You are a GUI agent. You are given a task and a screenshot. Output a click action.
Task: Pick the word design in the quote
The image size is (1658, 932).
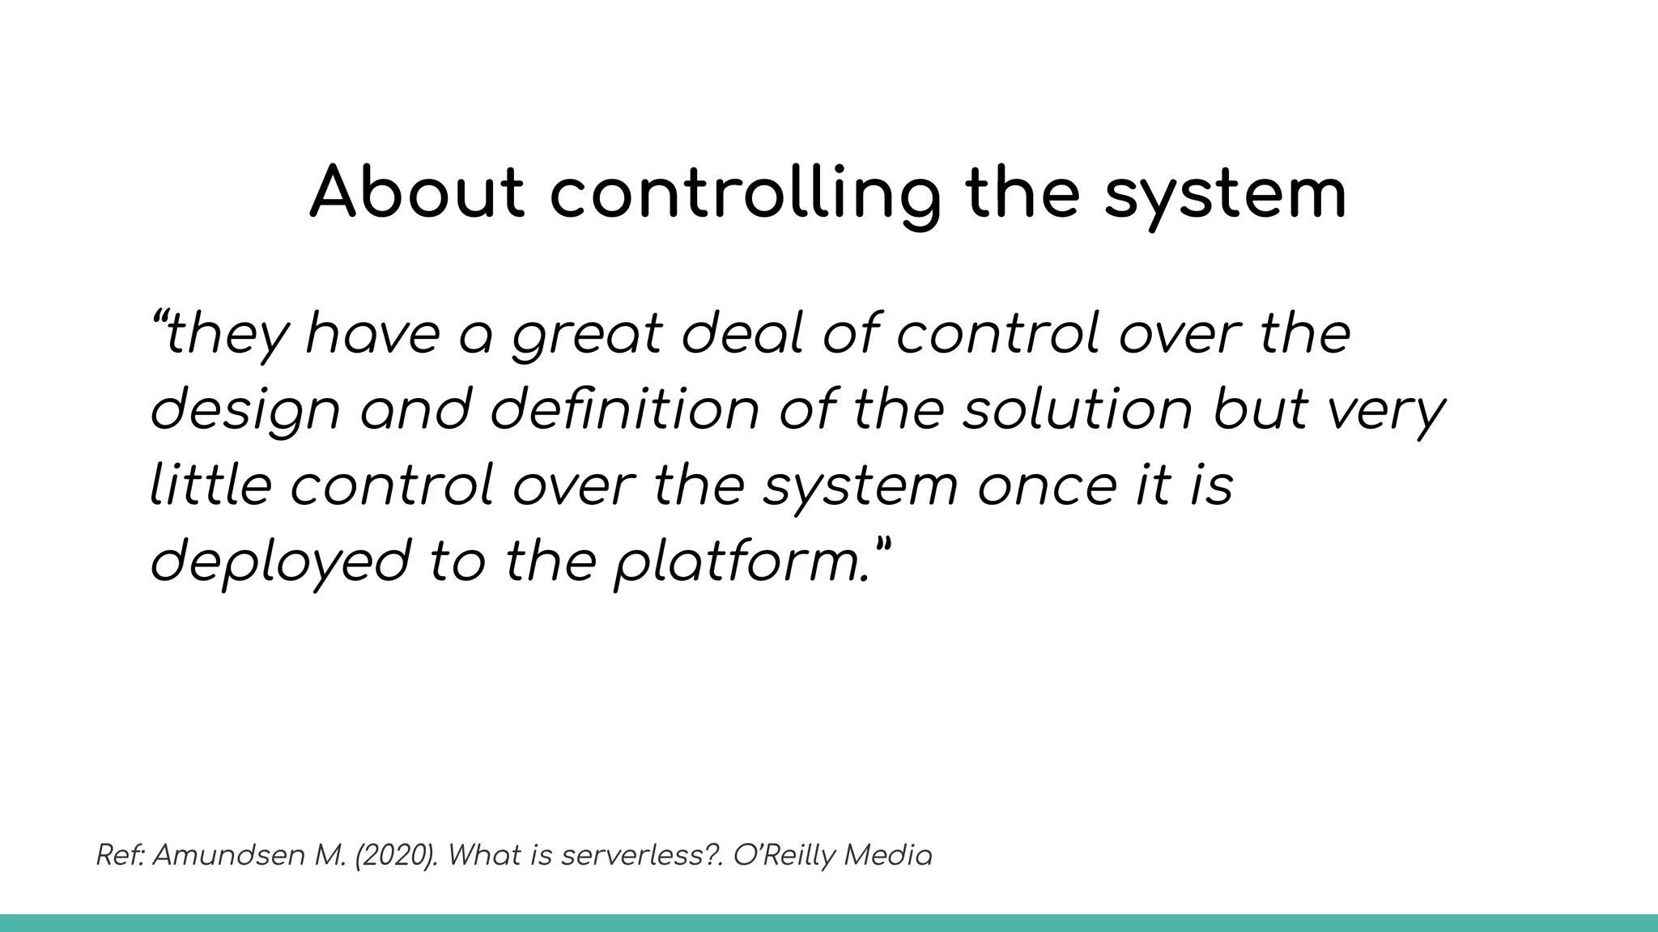click(244, 411)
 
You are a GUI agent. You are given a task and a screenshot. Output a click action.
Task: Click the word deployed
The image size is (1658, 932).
click(280, 562)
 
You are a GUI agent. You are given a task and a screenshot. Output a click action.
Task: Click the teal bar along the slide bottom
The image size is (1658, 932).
click(829, 923)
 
